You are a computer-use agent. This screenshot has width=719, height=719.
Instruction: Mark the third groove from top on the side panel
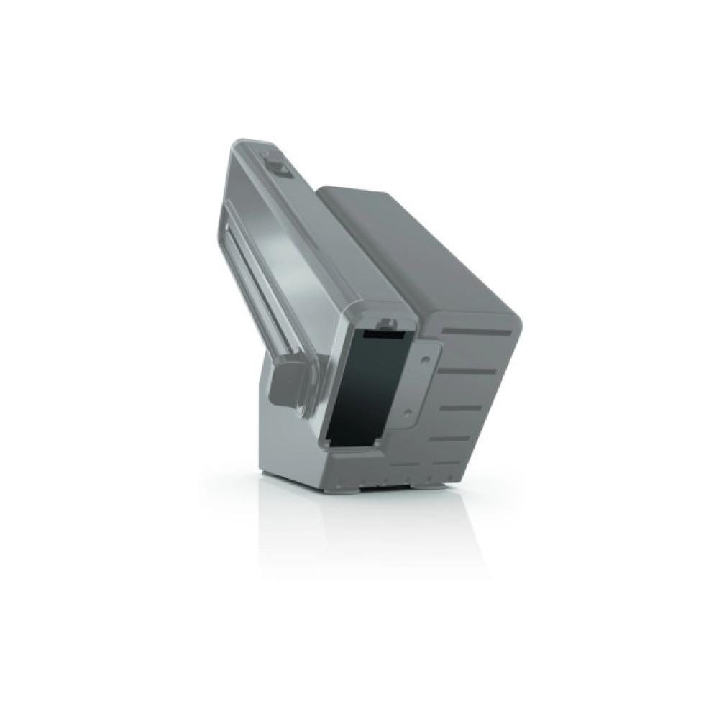click(x=460, y=406)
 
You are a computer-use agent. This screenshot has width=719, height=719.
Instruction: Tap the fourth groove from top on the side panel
click(x=452, y=437)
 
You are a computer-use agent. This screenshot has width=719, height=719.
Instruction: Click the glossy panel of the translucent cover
click(x=302, y=244)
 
